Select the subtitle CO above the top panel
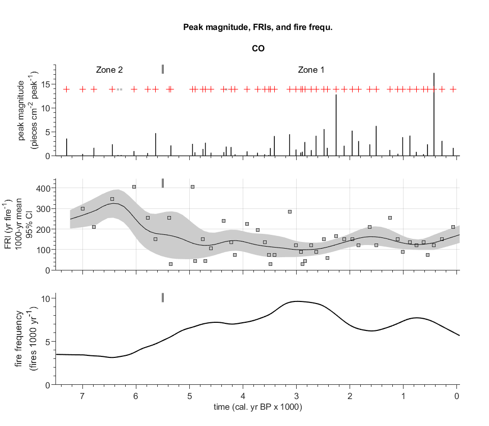click(x=258, y=49)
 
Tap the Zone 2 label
click(x=109, y=70)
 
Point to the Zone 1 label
click(x=311, y=70)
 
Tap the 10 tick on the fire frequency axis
click(x=45, y=298)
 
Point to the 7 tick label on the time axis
click(x=82, y=396)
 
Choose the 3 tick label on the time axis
click(x=296, y=396)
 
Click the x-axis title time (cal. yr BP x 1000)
click(x=258, y=407)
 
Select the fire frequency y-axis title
click(x=28, y=339)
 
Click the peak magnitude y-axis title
click(x=28, y=110)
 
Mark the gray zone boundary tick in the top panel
click(x=163, y=69)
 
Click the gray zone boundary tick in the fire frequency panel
click(x=163, y=297)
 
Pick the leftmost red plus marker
click(x=66, y=89)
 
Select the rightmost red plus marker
click(x=453, y=89)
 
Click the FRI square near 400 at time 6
click(x=134, y=187)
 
